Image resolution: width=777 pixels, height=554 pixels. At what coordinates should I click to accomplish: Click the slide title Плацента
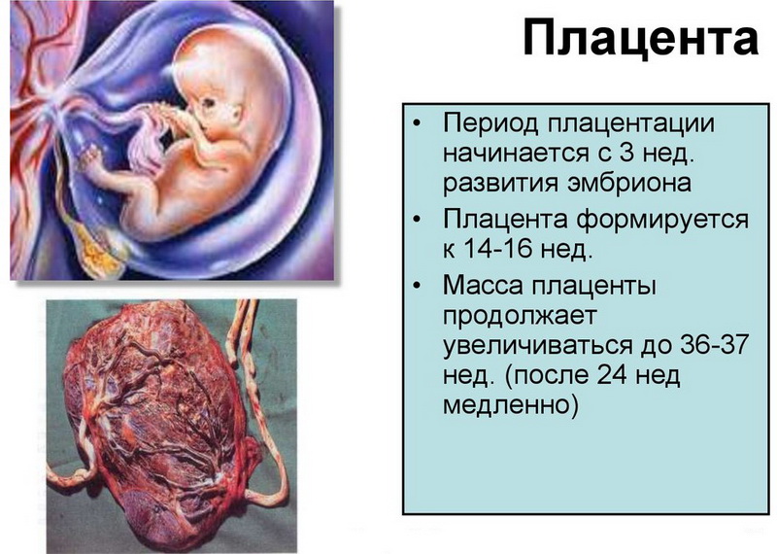(x=640, y=38)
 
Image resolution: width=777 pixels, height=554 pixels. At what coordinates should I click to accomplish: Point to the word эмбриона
(x=628, y=182)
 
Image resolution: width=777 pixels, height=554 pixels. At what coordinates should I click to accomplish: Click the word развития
(x=500, y=184)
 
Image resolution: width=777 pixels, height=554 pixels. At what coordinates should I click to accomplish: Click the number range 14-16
(x=498, y=248)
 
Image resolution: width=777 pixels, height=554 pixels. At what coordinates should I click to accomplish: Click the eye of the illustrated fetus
(x=210, y=103)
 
